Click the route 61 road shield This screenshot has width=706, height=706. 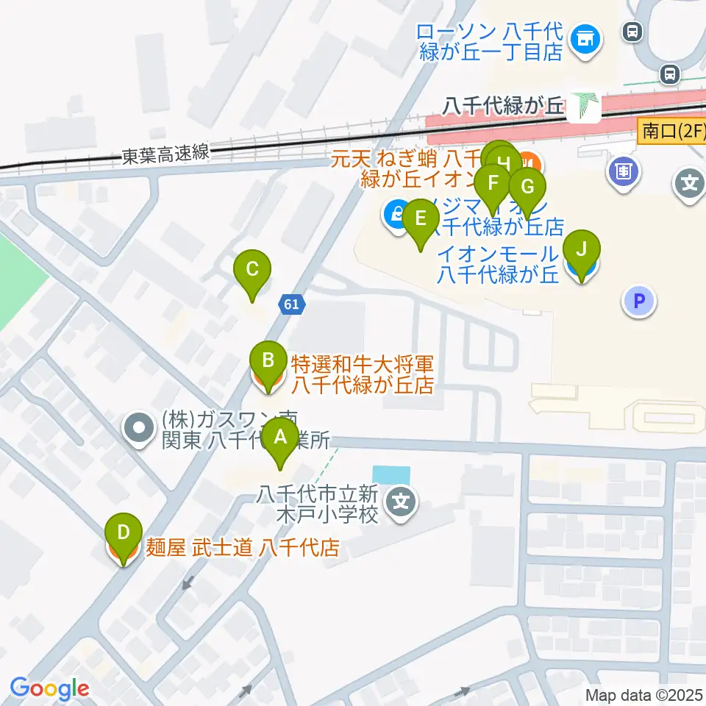291,304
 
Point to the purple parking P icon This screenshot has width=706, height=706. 638,301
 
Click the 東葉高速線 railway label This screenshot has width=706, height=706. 165,154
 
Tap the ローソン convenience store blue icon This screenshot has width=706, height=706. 586,36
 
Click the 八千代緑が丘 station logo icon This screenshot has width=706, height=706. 585,107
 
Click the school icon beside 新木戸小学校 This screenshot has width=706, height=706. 402,504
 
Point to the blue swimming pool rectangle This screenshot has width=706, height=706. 391,475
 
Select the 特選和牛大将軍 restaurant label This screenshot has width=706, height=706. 363,374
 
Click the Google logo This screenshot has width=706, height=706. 49,689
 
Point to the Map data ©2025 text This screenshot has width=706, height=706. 644,694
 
